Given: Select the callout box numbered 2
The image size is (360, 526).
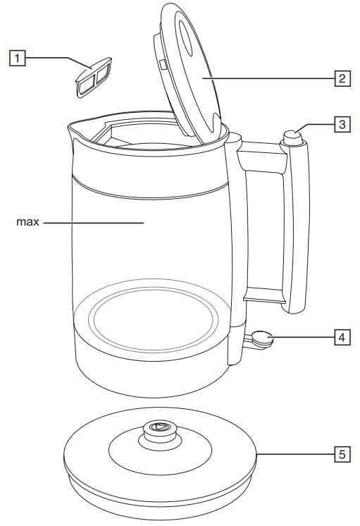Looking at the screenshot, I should [341, 78].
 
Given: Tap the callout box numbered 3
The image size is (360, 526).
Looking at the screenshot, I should [341, 125].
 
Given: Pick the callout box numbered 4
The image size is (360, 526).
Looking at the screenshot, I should [341, 337].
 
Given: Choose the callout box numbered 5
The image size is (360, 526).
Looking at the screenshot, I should [341, 455].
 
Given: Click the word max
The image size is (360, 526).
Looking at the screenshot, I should [27, 222].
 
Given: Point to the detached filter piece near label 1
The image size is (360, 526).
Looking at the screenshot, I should [92, 75].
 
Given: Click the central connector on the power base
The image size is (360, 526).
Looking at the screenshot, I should [158, 428].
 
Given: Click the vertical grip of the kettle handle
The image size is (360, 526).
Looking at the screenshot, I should [297, 226].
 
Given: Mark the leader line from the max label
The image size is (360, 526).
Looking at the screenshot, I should [92, 222].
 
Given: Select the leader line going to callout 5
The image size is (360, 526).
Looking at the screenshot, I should [295, 455].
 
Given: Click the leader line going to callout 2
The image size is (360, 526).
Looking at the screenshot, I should [268, 78].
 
